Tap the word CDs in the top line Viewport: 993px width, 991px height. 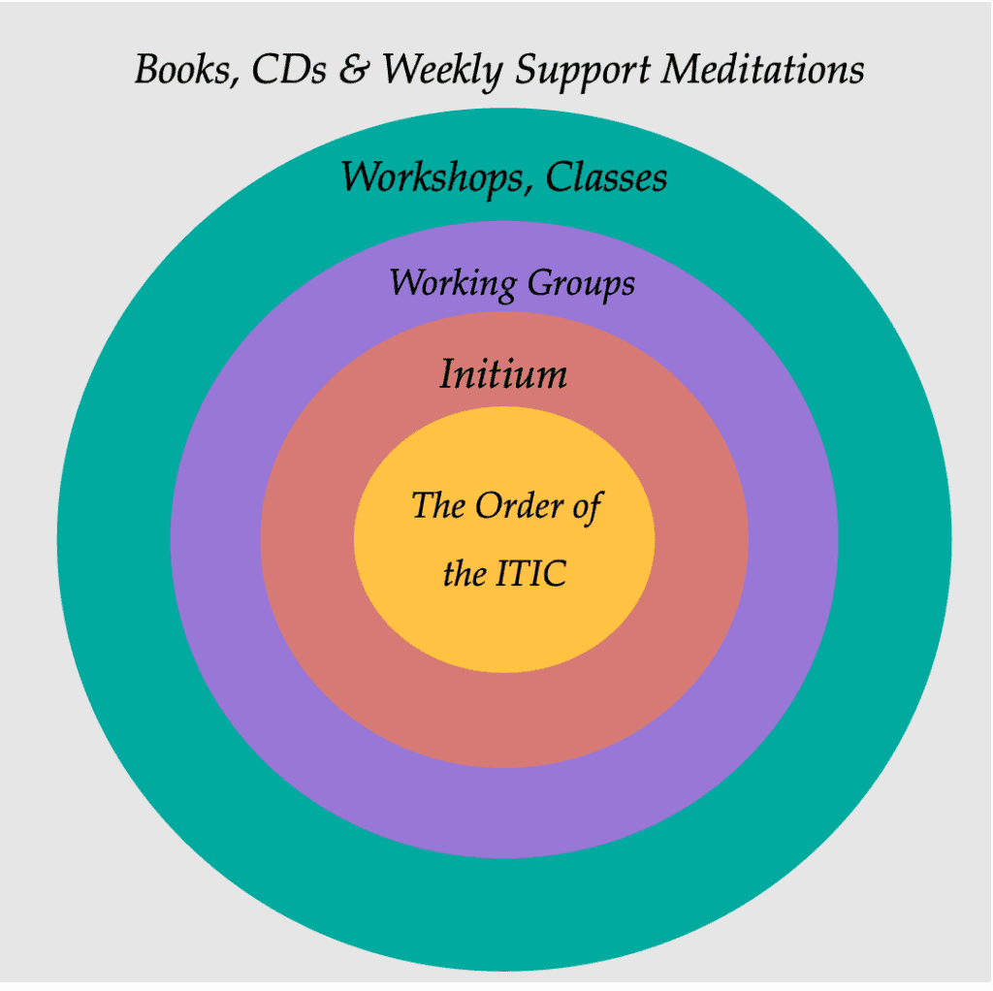pyautogui.click(x=289, y=68)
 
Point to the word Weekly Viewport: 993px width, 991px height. pyautogui.click(x=442, y=70)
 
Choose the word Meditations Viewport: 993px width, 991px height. pyautogui.click(x=762, y=68)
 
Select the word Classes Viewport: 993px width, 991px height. pyautogui.click(x=606, y=176)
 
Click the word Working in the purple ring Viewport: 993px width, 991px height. pyautogui.click(x=453, y=283)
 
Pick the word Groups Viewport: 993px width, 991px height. pyautogui.click(x=581, y=283)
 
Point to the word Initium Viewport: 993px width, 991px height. pyautogui.click(x=503, y=373)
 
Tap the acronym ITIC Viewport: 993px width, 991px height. pyautogui.click(x=530, y=574)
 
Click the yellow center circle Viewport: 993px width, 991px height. pyautogui.click(x=504, y=633)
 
